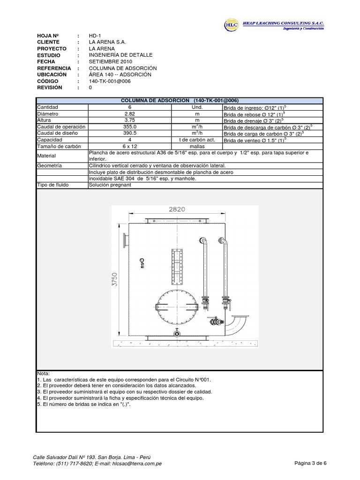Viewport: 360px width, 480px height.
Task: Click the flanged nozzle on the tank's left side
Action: [x=124, y=240]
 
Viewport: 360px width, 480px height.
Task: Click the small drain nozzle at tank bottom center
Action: [x=176, y=333]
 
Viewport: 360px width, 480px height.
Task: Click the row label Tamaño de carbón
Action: [x=56, y=146]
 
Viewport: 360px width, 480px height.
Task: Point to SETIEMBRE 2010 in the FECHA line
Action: [x=111, y=61]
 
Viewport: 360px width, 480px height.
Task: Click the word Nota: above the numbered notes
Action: [x=43, y=373]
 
